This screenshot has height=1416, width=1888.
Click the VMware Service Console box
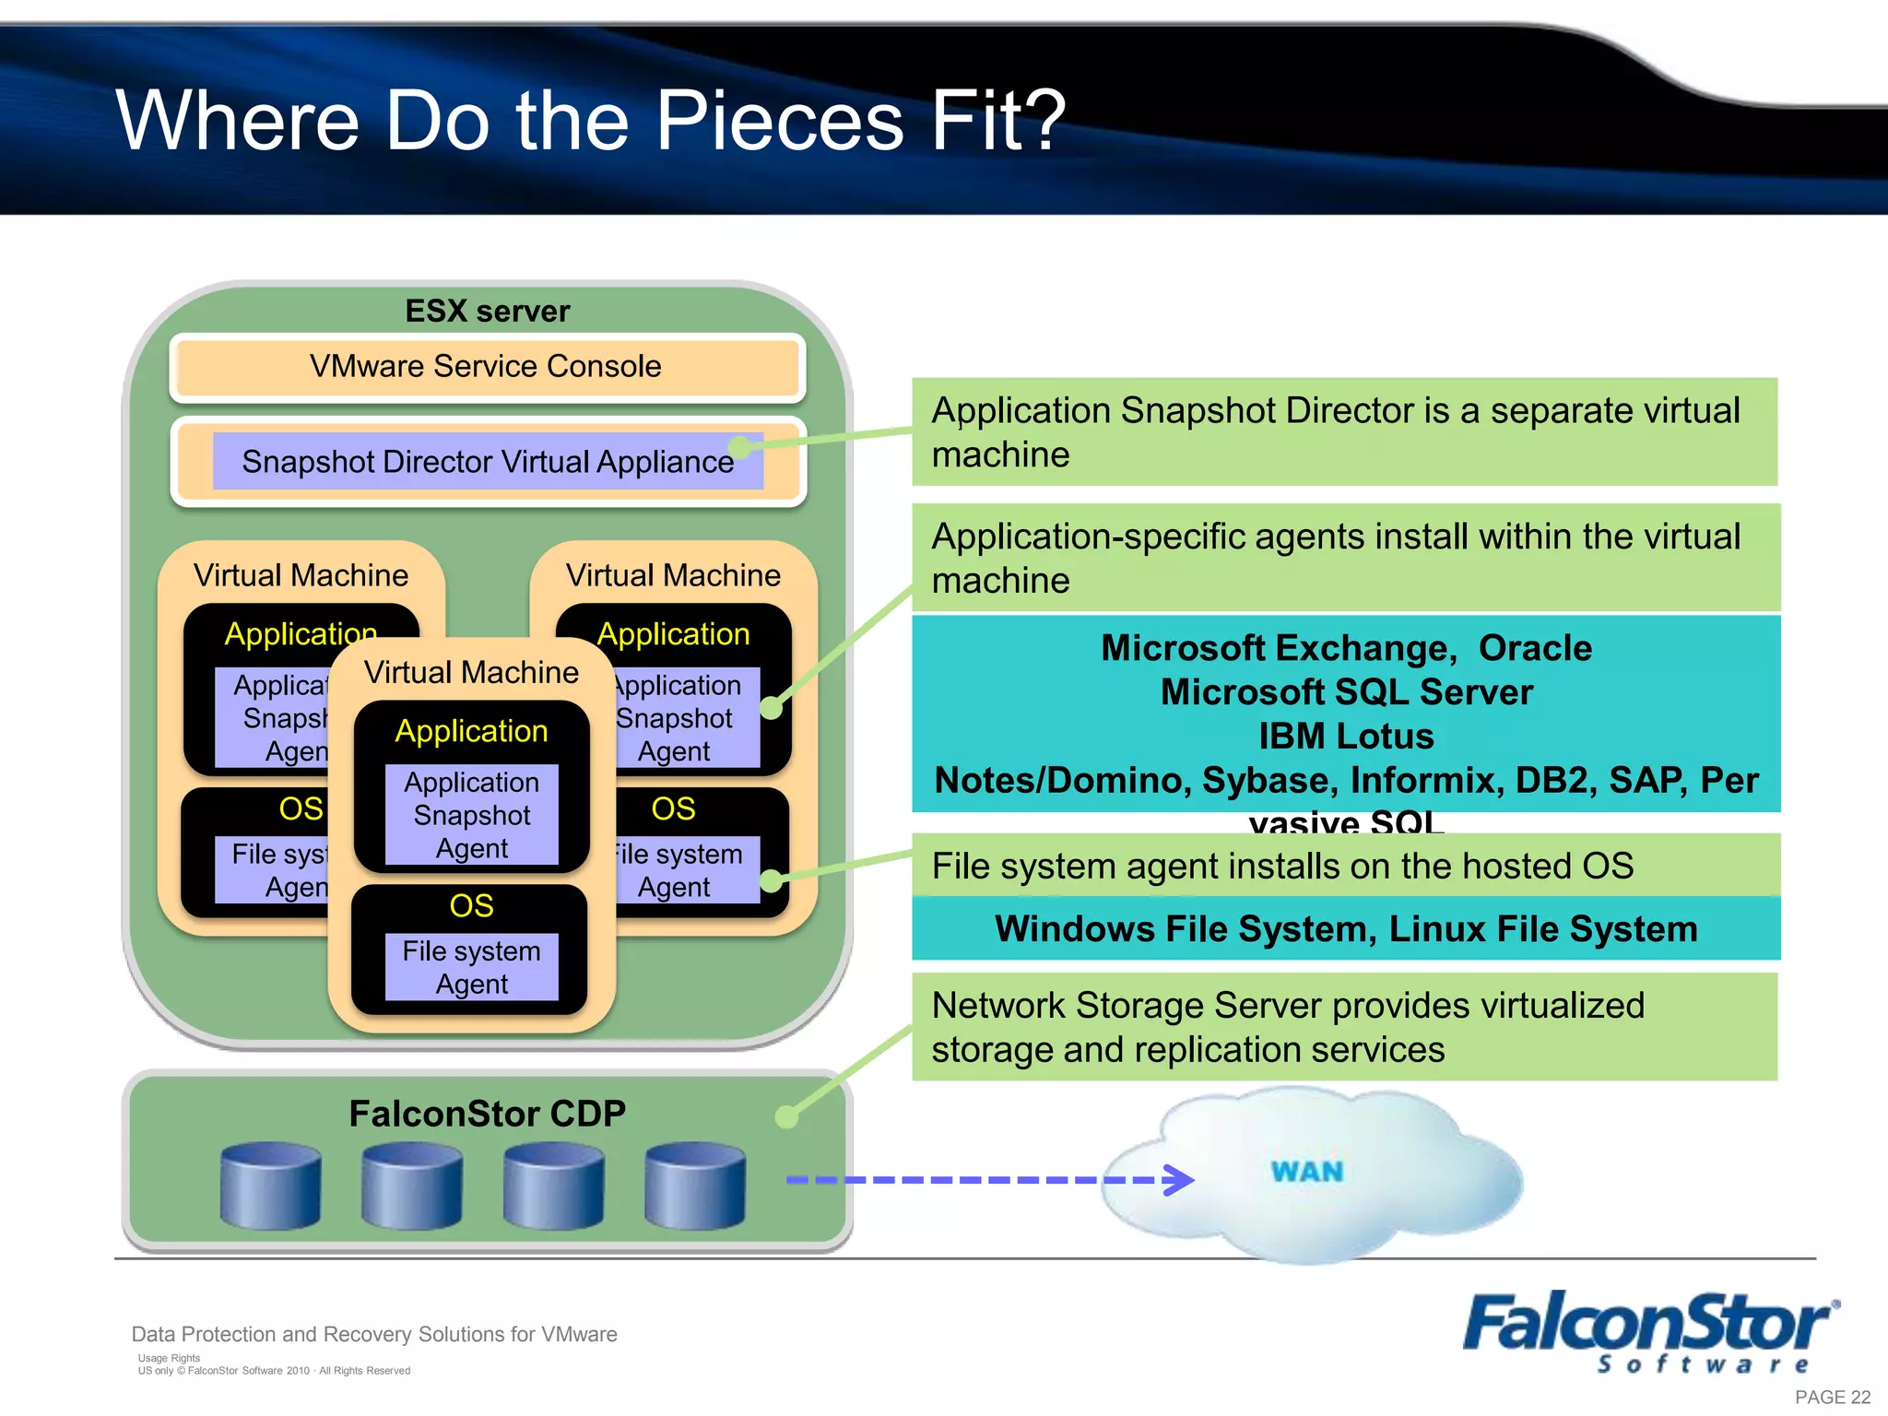(487, 367)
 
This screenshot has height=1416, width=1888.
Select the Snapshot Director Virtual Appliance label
(487, 462)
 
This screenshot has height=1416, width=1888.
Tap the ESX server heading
(487, 312)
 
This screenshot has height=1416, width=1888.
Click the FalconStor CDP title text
(487, 1114)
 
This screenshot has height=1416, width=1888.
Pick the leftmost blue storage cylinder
(271, 1186)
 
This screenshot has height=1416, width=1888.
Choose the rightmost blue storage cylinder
(695, 1186)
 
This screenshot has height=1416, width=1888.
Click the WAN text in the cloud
(1307, 1172)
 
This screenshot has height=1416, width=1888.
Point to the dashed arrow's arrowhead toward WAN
(1180, 1180)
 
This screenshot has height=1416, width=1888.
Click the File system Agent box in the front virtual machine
(471, 967)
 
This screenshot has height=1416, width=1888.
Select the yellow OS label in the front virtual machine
(471, 906)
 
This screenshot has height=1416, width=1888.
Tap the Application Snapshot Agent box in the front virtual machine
(471, 815)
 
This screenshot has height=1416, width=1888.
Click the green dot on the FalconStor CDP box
(786, 1117)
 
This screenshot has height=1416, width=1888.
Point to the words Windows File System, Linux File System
(1345, 929)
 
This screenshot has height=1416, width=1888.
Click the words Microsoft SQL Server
(1346, 692)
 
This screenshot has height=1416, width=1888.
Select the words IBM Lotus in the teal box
(1346, 737)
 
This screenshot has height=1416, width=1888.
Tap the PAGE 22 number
(1832, 1398)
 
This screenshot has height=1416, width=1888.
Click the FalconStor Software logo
(1649, 1331)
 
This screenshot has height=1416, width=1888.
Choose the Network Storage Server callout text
(1287, 1027)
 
